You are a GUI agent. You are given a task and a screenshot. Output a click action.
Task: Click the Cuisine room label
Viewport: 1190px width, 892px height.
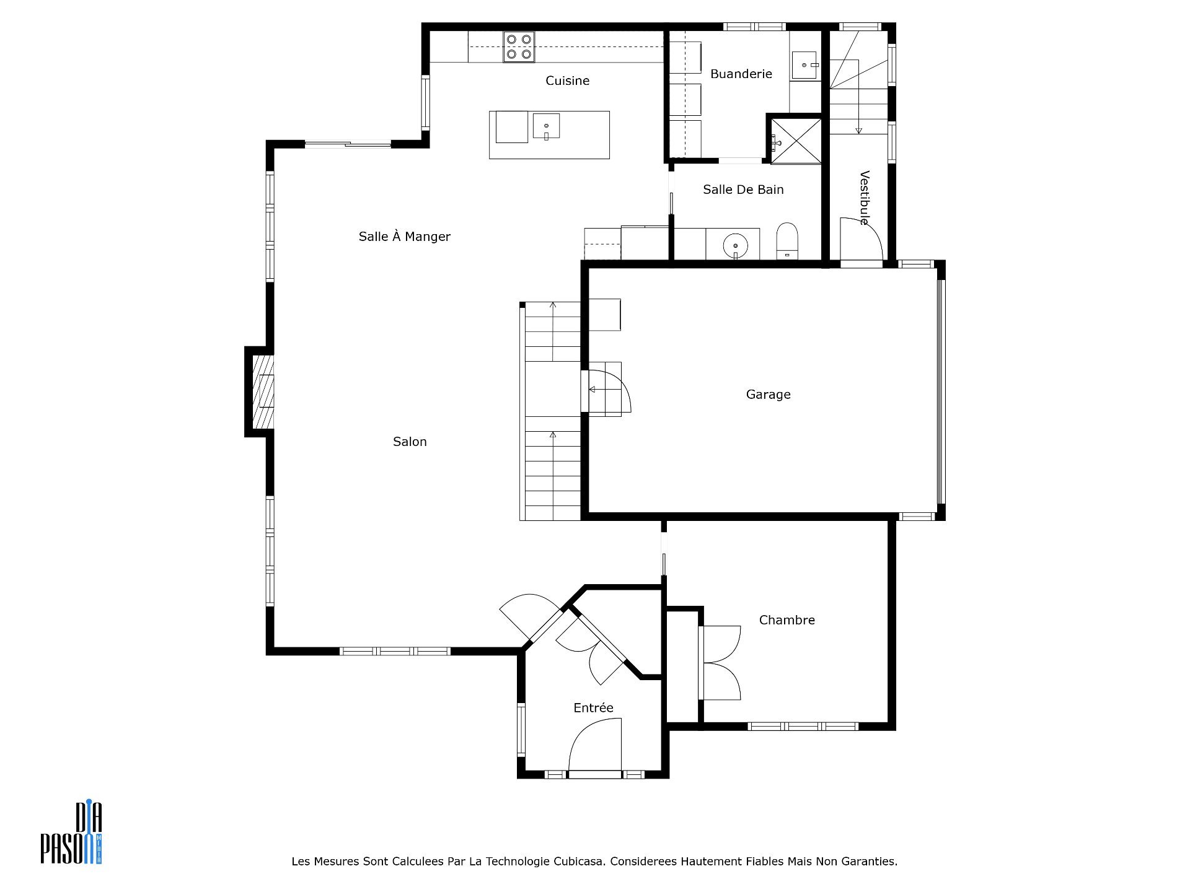pyautogui.click(x=567, y=81)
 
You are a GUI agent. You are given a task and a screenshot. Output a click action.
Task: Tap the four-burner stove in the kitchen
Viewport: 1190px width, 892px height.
pyautogui.click(x=519, y=47)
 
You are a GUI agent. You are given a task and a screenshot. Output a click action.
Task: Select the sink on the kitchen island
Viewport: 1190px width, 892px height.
pyautogui.click(x=546, y=126)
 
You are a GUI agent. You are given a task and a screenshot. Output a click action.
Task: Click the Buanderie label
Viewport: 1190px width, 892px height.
pyautogui.click(x=741, y=74)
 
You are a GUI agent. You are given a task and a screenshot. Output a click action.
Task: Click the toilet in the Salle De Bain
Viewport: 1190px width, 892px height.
pyautogui.click(x=787, y=240)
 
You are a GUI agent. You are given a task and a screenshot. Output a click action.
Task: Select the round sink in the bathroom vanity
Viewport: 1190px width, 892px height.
pyautogui.click(x=736, y=245)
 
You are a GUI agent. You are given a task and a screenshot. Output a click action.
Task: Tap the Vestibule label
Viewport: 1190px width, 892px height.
pyautogui.click(x=865, y=198)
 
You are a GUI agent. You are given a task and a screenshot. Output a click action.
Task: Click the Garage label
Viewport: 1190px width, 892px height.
pyautogui.click(x=768, y=395)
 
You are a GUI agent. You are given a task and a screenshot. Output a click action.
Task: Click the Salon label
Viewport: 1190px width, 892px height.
pyautogui.click(x=410, y=442)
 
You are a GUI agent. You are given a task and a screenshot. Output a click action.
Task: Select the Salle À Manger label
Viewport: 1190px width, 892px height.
pyautogui.click(x=404, y=236)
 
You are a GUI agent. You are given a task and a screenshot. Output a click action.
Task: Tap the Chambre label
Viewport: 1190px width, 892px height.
pyautogui.click(x=787, y=620)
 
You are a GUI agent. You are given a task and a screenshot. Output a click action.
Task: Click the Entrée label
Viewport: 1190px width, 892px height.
pyautogui.click(x=593, y=707)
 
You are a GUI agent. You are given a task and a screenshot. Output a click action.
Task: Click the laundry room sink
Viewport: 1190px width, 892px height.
pyautogui.click(x=806, y=65)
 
